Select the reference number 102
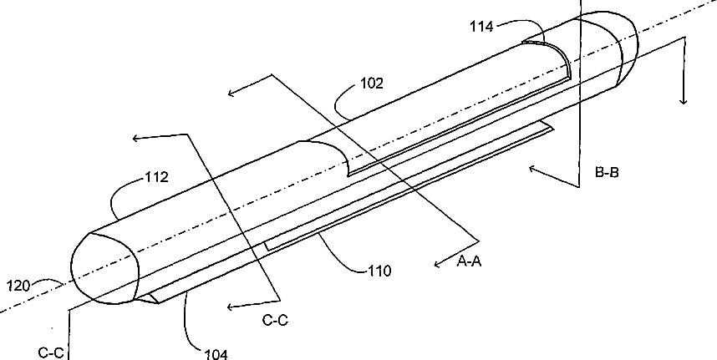click(372, 83)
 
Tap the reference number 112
click(156, 177)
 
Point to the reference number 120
click(18, 285)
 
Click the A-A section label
click(471, 261)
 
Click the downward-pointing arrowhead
click(684, 100)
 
